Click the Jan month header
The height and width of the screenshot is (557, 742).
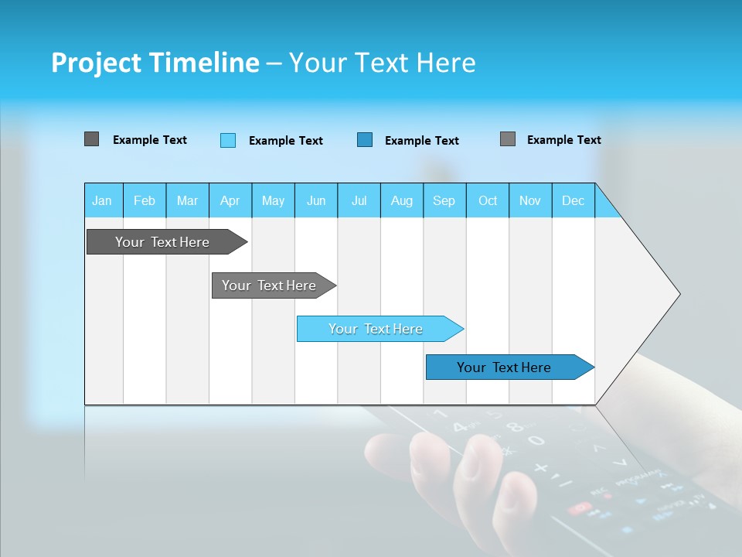[x=102, y=200]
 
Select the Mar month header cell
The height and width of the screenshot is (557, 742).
[x=187, y=200]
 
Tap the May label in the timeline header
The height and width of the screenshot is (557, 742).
[x=273, y=200]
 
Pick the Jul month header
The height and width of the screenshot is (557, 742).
[x=359, y=200]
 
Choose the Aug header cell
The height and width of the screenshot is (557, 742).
[x=401, y=200]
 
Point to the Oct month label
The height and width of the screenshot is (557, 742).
[x=488, y=200]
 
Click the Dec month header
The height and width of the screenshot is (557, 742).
[x=573, y=200]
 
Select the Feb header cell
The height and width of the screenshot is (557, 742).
[x=145, y=200]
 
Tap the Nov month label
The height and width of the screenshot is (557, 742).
[x=530, y=200]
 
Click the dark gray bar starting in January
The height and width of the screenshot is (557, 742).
[x=162, y=242]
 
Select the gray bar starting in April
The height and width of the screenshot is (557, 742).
[x=269, y=285]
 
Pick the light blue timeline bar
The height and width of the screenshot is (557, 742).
[x=376, y=329]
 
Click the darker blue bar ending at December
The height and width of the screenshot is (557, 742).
[x=504, y=367]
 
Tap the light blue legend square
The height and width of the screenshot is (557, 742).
[x=228, y=140]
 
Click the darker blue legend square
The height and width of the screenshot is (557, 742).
[x=365, y=140]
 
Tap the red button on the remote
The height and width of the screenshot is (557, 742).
[x=578, y=508]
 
